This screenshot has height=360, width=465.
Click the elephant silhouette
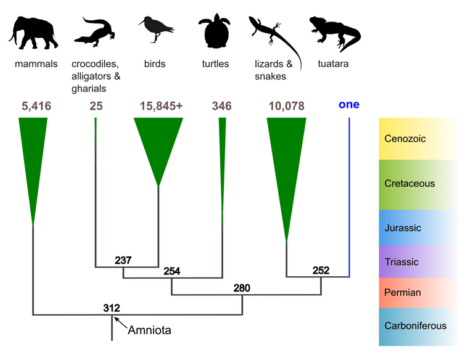pos(33,33)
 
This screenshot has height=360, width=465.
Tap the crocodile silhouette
pos(94,32)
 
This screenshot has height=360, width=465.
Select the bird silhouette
pos(155,29)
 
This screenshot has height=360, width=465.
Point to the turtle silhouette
pos(215,31)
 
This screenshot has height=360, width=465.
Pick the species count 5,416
pos(36,106)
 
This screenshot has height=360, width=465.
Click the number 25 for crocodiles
pos(96,106)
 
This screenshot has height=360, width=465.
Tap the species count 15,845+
pos(161,106)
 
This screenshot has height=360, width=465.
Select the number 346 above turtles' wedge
pos(222,106)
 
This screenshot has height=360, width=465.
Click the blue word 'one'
pos(349,104)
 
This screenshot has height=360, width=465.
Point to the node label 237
pos(123,260)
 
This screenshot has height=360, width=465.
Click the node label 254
pos(172,271)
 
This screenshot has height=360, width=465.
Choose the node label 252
pos(321,270)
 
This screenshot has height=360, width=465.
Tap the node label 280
pos(242,288)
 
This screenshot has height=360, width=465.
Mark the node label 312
pos(112,308)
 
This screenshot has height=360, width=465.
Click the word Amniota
pos(149,330)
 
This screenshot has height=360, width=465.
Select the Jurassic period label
pos(403,227)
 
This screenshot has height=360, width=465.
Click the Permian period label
pos(403,293)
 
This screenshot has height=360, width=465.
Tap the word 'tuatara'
pos(333,63)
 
